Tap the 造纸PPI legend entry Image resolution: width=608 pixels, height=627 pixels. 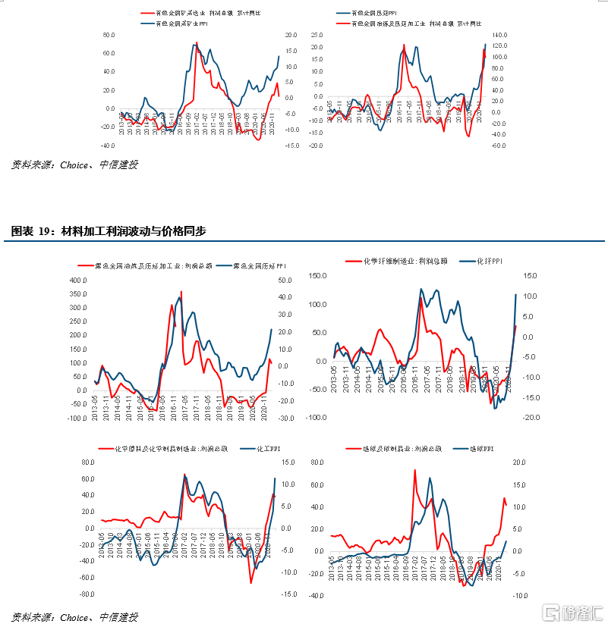482,449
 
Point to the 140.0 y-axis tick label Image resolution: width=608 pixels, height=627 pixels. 499,35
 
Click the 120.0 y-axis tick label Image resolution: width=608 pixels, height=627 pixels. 499,46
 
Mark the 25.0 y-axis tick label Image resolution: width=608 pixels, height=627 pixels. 317,35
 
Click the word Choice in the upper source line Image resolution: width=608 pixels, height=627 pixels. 74,165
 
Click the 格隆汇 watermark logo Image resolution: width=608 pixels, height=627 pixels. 571,611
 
